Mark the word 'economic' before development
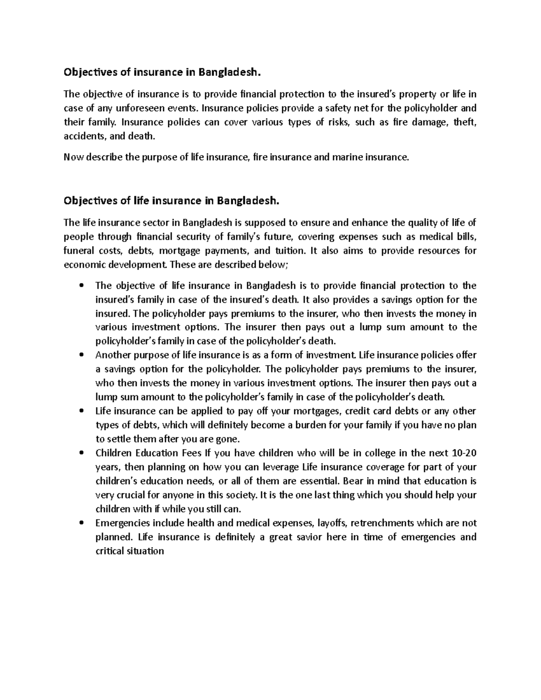point(83,265)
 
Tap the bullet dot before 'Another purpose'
point(81,355)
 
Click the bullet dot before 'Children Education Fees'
point(81,453)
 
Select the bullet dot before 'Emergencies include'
point(81,523)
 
